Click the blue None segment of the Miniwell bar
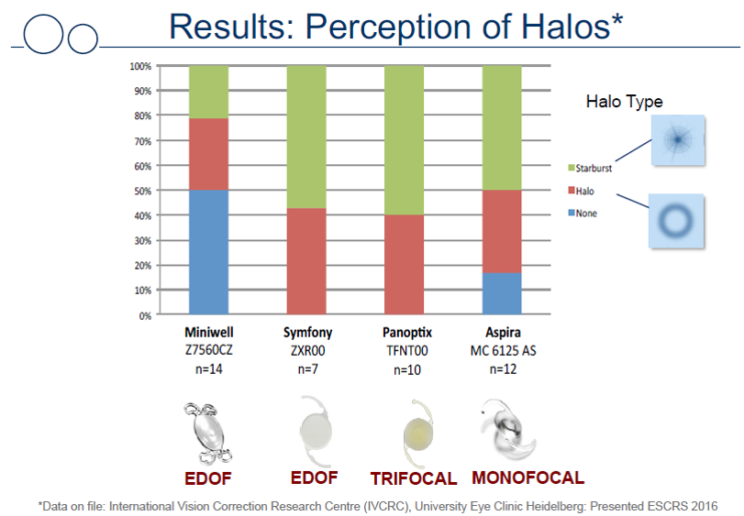(x=209, y=252)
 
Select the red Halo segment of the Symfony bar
(x=306, y=261)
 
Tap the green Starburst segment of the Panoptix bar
(x=405, y=140)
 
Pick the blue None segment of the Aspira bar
(x=502, y=293)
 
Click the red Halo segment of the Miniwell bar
(x=209, y=154)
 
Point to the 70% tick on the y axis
(x=142, y=141)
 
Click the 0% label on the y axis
(x=145, y=315)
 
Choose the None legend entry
(x=583, y=214)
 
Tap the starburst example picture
(x=678, y=140)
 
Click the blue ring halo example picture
(x=676, y=221)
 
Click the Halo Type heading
(x=624, y=102)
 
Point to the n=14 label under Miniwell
(x=209, y=369)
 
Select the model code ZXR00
(x=307, y=351)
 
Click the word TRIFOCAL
(x=413, y=478)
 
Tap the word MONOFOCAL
(x=527, y=478)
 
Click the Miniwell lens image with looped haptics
(x=208, y=433)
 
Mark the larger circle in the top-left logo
(x=43, y=34)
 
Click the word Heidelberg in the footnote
(x=561, y=507)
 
